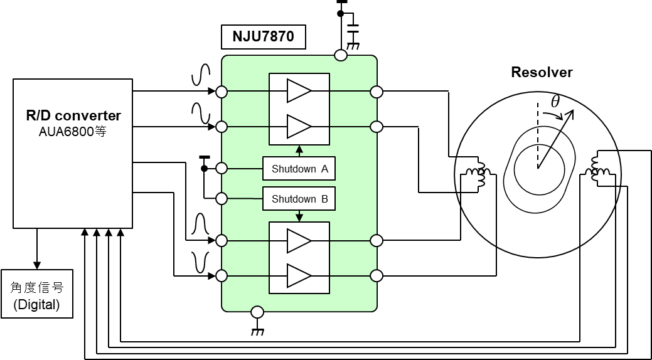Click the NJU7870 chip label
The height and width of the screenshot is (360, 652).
[263, 36]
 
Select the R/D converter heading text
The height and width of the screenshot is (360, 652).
[73, 115]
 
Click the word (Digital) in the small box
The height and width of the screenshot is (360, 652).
[37, 305]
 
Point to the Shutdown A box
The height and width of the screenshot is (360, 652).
[299, 169]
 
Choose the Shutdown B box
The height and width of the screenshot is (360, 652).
[299, 199]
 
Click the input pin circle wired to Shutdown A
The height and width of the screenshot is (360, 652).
[222, 168]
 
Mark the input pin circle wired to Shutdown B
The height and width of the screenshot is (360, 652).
[222, 199]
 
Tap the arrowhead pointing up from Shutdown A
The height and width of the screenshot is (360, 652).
[299, 149]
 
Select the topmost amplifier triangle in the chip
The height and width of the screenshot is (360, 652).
[299, 91]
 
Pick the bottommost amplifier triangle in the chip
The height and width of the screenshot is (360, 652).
[299, 275]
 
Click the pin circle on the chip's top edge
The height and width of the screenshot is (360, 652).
[341, 56]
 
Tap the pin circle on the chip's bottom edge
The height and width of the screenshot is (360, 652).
[257, 312]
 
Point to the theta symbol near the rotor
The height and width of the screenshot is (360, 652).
[555, 102]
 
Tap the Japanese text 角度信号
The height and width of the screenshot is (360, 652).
[37, 287]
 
